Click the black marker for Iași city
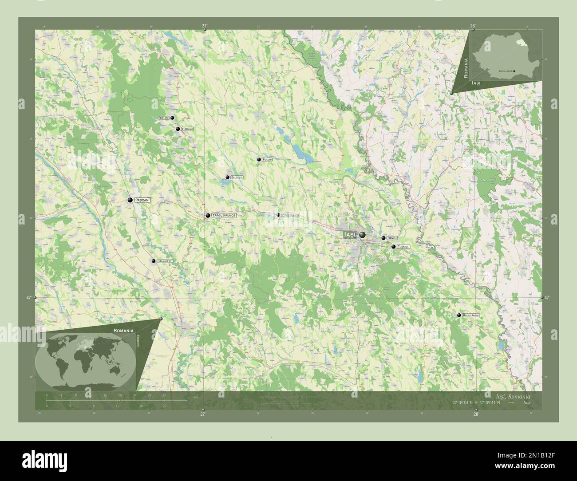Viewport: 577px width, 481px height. pyautogui.click(x=363, y=234)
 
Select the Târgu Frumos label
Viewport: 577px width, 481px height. pyautogui.click(x=224, y=215)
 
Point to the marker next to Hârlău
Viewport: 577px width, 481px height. pyautogui.click(x=178, y=129)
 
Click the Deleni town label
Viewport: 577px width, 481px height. pyautogui.click(x=165, y=118)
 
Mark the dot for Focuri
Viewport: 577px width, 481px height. pyautogui.click(x=259, y=159)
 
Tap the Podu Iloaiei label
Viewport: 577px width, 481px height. pyautogui.click(x=291, y=215)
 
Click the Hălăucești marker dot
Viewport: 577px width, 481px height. pyautogui.click(x=154, y=261)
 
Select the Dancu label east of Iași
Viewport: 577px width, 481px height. pyautogui.click(x=391, y=238)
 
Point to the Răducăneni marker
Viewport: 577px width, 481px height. pyautogui.click(x=459, y=315)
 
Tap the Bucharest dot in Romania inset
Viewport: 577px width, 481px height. pyautogui.click(x=514, y=71)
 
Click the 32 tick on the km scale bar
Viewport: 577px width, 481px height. pyautogui.click(x=164, y=395)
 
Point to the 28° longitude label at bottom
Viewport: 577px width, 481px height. pyautogui.click(x=476, y=414)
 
